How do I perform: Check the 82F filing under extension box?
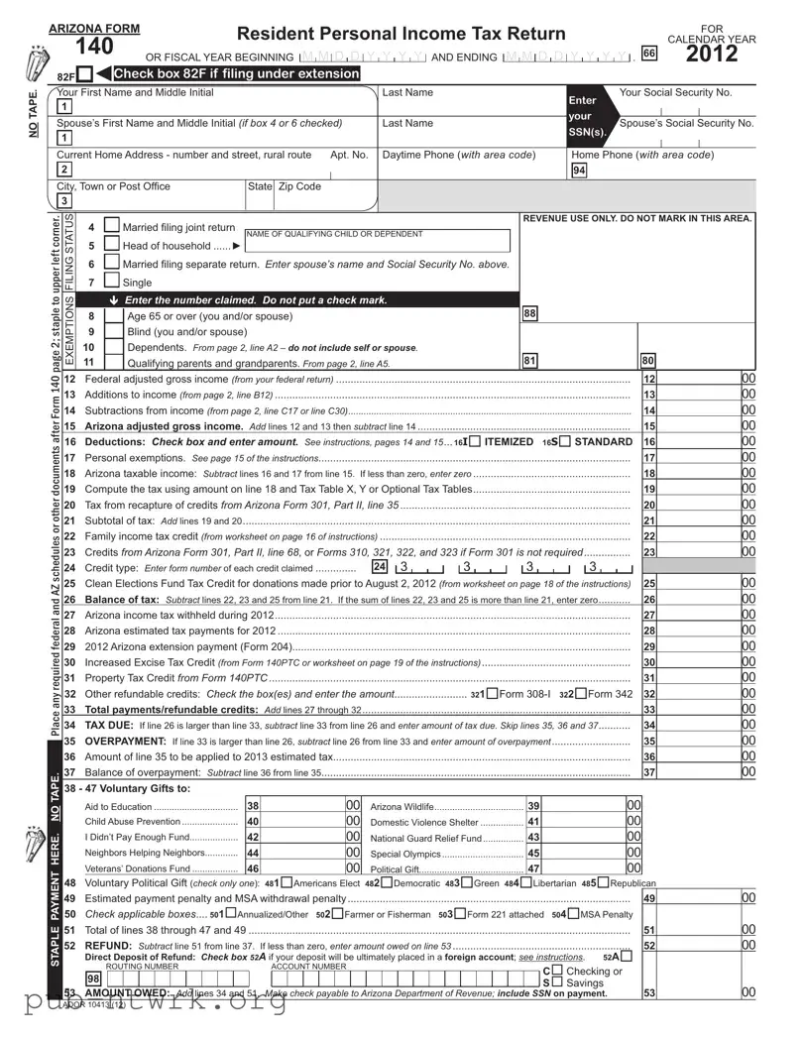[85, 74]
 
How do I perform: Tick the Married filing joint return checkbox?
[112, 227]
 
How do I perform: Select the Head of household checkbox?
[112, 245]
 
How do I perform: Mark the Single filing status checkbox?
[112, 282]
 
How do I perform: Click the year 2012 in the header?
[712, 54]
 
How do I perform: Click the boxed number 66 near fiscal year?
[650, 55]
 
